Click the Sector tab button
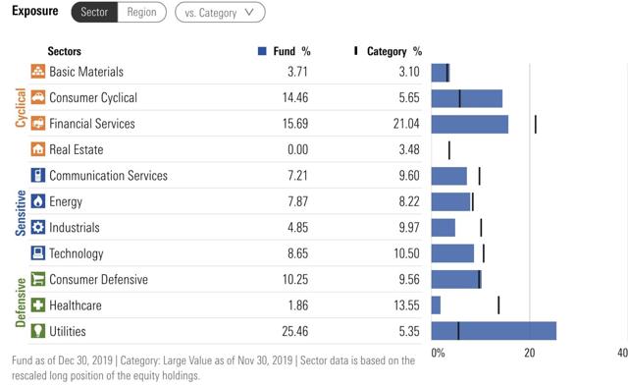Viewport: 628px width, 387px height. [x=93, y=13]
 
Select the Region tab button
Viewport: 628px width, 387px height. [x=140, y=13]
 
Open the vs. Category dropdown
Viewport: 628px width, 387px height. [x=220, y=13]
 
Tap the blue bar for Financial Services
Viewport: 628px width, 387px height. [x=470, y=124]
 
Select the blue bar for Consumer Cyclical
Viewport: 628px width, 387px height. [x=467, y=98]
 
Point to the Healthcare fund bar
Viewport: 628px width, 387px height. [x=436, y=304]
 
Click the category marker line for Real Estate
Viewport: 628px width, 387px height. [x=448, y=149]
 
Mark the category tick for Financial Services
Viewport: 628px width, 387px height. [x=535, y=124]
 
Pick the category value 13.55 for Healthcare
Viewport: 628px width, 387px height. [x=406, y=305]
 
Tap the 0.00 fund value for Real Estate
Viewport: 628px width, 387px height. [x=298, y=150]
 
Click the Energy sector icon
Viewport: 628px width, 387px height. [x=38, y=201]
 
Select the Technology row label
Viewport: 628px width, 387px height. [x=76, y=253]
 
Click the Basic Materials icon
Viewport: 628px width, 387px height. [x=38, y=72]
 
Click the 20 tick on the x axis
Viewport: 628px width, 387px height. [x=529, y=353]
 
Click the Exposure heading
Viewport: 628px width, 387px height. [x=33, y=13]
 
